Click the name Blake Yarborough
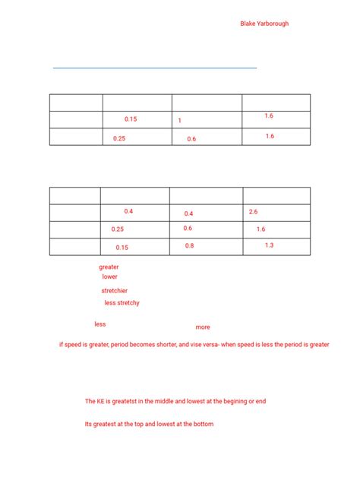(x=264, y=24)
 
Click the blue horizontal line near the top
(x=155, y=68)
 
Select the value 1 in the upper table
(x=180, y=121)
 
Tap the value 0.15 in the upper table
(x=131, y=119)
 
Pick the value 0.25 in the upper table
(x=119, y=138)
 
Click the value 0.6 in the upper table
(x=191, y=139)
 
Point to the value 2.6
(x=254, y=211)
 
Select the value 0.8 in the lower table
(x=189, y=246)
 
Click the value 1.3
(x=270, y=245)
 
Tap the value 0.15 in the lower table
(x=122, y=248)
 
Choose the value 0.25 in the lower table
(x=118, y=229)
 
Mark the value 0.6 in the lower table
(x=188, y=229)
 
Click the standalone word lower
(x=109, y=277)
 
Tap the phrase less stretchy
(x=122, y=303)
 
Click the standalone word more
(x=203, y=327)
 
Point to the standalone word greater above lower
(x=109, y=267)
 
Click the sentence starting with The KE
(x=175, y=401)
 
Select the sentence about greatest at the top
(x=149, y=425)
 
